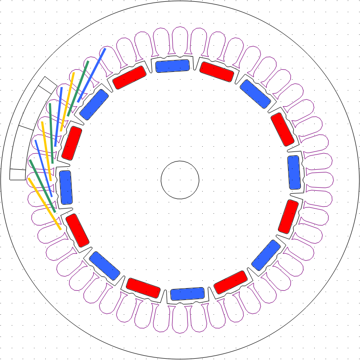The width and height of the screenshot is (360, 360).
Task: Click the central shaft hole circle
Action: [180, 179]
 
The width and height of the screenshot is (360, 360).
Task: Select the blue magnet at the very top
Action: [173, 66]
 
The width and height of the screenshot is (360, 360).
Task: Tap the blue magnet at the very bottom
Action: [187, 294]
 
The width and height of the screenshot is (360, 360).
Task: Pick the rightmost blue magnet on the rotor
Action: [294, 172]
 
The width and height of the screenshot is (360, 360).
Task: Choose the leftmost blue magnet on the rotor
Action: [66, 187]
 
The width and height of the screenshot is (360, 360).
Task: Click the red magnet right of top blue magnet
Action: [217, 72]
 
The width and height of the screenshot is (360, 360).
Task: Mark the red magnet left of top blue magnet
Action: [129, 77]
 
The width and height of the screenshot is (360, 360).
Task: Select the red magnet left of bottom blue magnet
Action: [143, 288]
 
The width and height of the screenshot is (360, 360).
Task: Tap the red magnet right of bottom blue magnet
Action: [231, 282]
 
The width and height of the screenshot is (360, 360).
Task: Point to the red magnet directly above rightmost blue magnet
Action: [282, 129]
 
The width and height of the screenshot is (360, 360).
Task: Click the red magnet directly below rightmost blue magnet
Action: [288, 216]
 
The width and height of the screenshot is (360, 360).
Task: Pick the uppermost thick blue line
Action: [92, 75]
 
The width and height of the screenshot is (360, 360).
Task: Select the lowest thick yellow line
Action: [44, 203]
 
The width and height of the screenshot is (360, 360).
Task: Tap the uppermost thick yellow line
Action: [67, 101]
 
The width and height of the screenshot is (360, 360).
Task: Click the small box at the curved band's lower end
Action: [17, 174]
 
